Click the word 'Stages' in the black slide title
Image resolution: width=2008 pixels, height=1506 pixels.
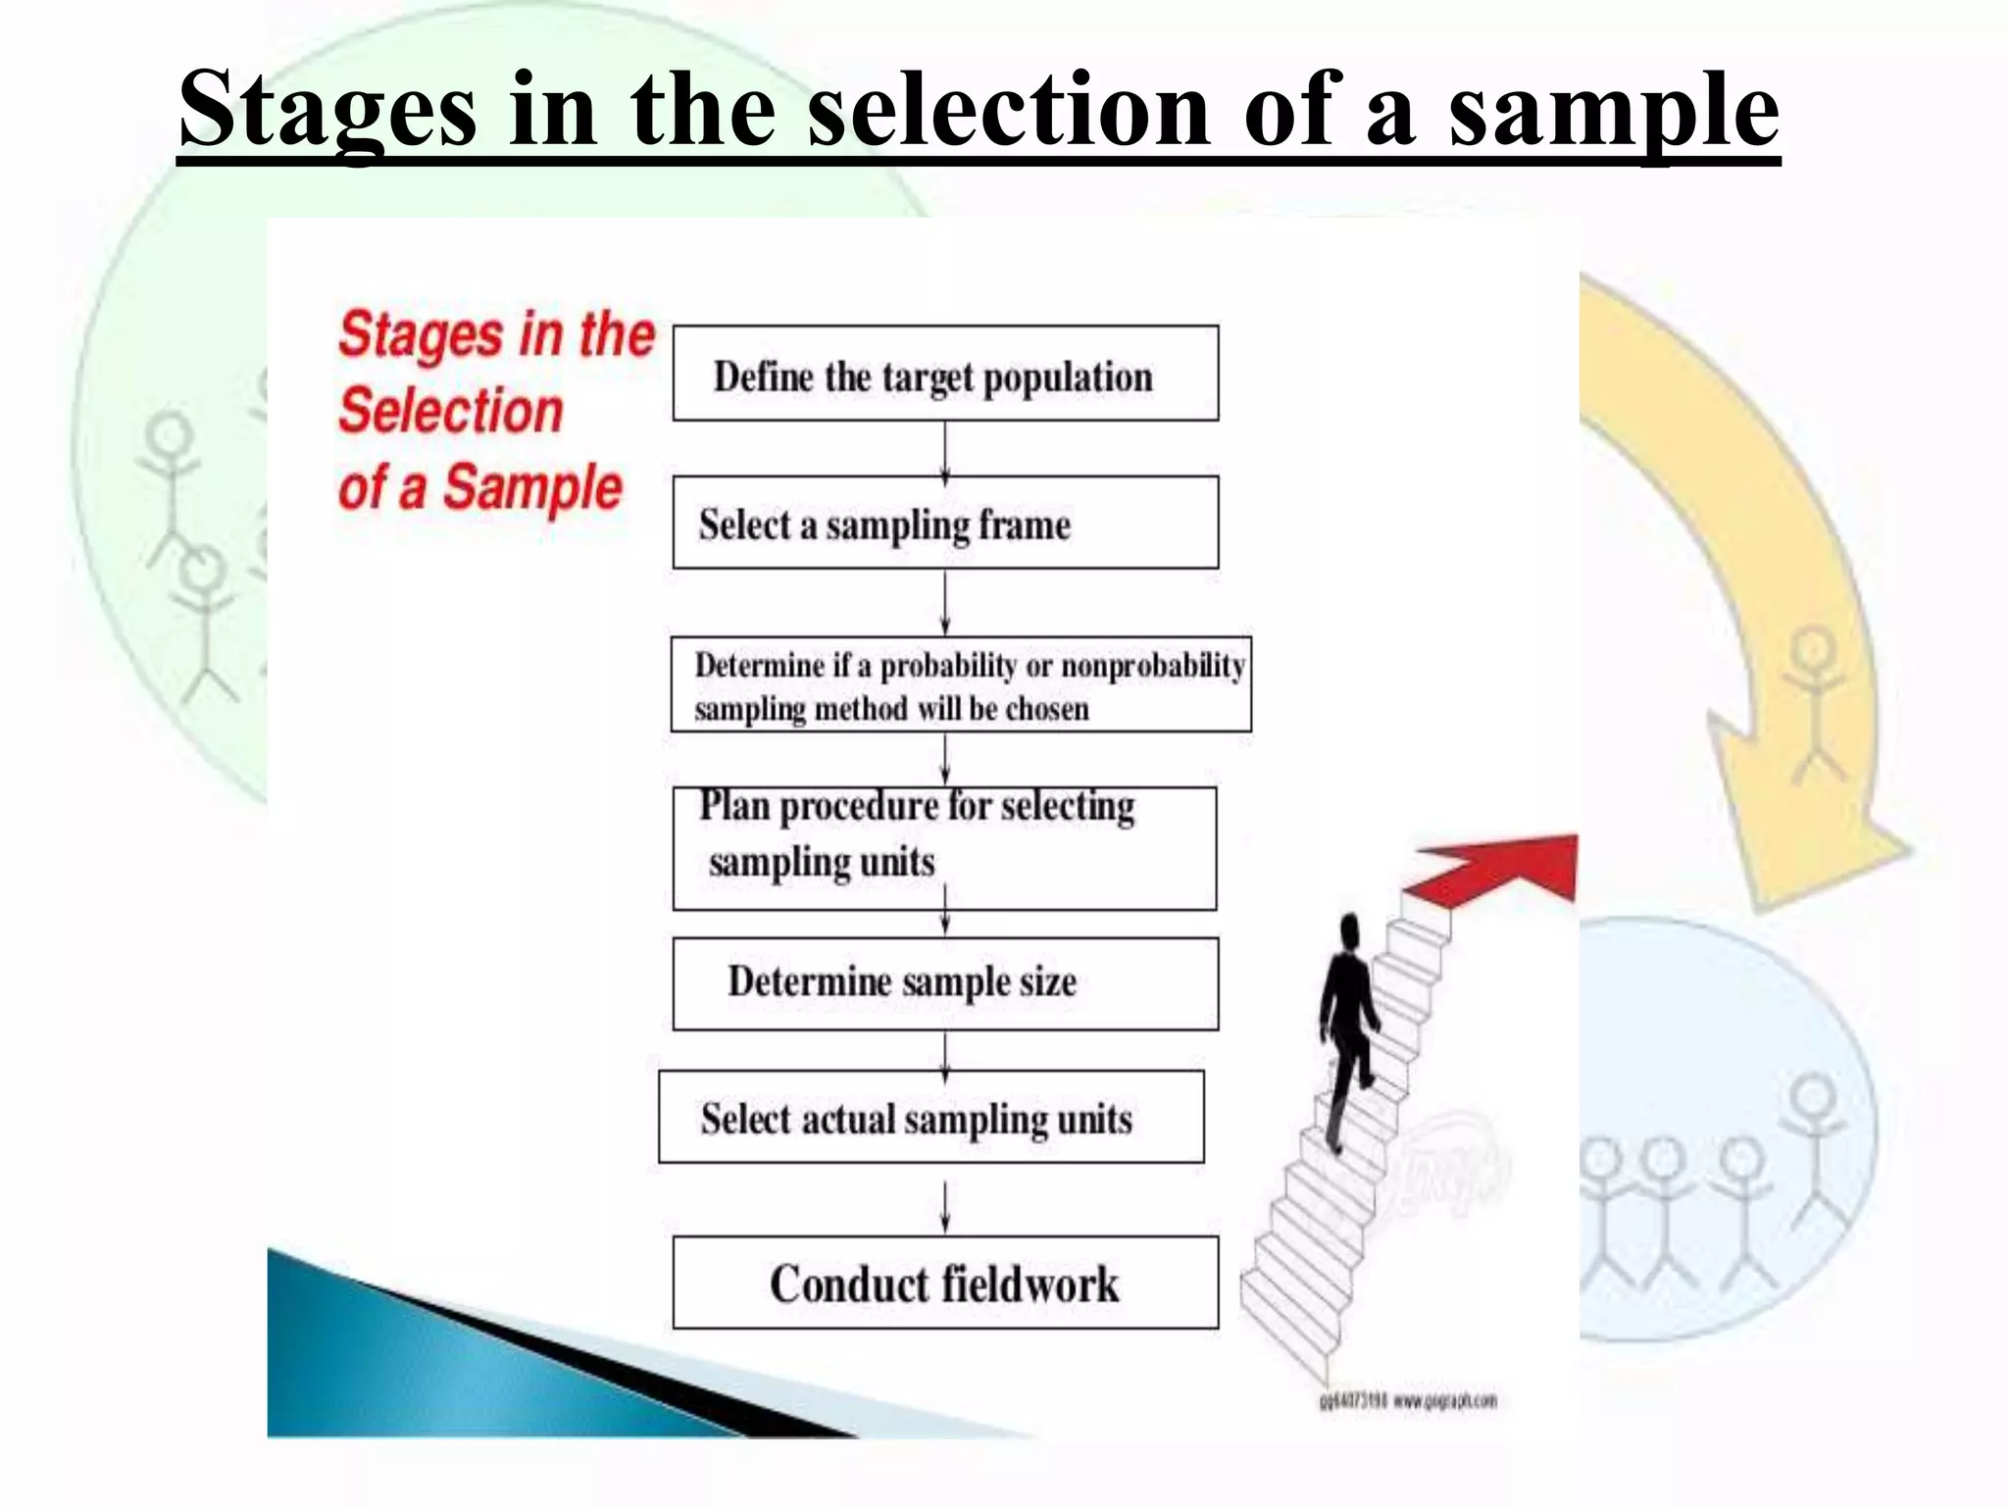pyautogui.click(x=327, y=110)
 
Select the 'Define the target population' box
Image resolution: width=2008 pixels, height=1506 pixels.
pyautogui.click(x=945, y=374)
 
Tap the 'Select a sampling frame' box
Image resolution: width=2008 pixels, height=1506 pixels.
pyautogui.click(x=945, y=523)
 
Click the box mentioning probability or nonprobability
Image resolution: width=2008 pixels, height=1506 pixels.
pyautogui.click(x=961, y=684)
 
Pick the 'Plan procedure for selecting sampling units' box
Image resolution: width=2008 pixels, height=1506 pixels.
pyautogui.click(x=945, y=848)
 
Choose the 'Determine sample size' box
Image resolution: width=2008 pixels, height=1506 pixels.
pyautogui.click(x=945, y=983)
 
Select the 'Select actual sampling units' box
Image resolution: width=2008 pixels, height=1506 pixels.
pyautogui.click(x=931, y=1117)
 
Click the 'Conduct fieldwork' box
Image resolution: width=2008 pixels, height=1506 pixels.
pyautogui.click(x=945, y=1282)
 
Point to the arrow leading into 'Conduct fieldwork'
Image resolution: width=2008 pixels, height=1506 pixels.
pyautogui.click(x=945, y=1206)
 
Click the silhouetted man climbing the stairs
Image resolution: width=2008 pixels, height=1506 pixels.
pyautogui.click(x=1347, y=1020)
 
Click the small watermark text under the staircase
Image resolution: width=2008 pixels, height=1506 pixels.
pyautogui.click(x=1407, y=1401)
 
